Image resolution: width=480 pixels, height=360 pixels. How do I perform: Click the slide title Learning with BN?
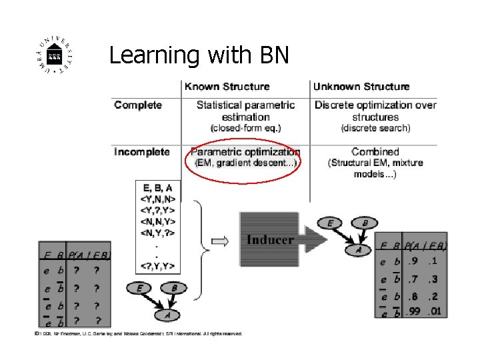199,55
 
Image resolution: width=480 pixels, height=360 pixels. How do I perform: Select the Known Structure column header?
227,86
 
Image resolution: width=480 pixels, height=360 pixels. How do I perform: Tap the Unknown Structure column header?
361,86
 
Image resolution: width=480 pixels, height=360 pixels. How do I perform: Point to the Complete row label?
138,105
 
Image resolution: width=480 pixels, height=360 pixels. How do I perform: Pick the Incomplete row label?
142,152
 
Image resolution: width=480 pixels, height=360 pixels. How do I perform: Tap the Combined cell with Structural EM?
375,162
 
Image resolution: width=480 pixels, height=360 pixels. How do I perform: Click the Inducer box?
270,239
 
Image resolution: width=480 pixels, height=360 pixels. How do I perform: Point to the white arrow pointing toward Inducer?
219,239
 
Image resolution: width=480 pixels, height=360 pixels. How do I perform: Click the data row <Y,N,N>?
157,198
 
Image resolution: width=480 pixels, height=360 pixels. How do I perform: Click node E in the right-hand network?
331,223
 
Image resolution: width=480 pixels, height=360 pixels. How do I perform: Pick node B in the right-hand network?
364,223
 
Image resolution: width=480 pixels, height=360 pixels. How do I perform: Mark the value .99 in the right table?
414,311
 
